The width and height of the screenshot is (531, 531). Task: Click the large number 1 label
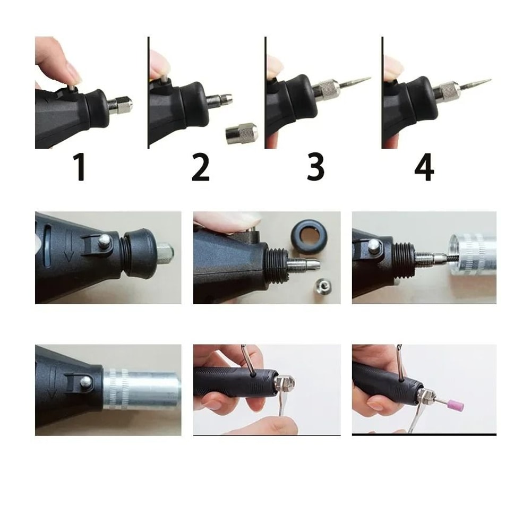tap(80, 167)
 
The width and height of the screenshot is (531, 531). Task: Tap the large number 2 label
tap(200, 167)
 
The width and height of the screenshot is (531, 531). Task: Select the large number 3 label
tap(315, 167)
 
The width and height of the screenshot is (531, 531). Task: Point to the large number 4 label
tap(424, 167)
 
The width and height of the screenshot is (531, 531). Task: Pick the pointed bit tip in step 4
tap(478, 83)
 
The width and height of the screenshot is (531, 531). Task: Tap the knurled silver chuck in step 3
tap(328, 89)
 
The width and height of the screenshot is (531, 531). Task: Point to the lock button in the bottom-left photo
tap(84, 381)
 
